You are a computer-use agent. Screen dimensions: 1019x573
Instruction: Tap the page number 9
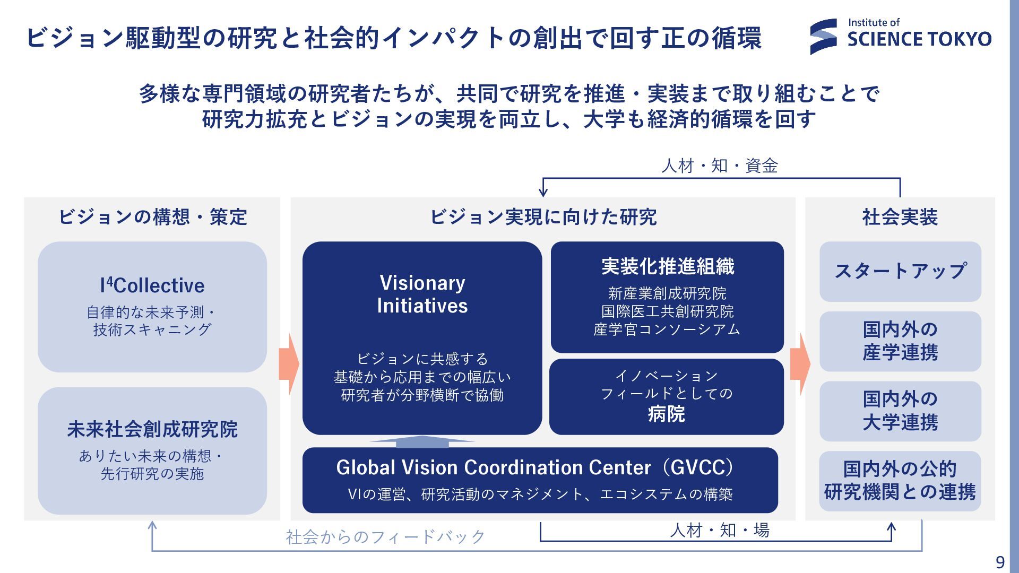tap(1000, 562)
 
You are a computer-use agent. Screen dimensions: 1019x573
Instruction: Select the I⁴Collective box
tap(152, 307)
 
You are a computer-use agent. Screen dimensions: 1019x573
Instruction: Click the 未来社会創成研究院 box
tap(152, 450)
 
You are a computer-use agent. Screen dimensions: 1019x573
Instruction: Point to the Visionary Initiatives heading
tap(422, 294)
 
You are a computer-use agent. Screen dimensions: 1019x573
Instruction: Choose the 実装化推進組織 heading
tap(667, 266)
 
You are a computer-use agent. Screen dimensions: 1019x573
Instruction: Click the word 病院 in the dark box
tap(666, 414)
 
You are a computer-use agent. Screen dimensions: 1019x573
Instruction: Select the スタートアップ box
tap(900, 271)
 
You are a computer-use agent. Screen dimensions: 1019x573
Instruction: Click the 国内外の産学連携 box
tap(900, 341)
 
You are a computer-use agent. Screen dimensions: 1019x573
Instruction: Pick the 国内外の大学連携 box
tap(900, 411)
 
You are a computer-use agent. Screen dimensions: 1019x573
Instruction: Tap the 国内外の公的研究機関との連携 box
tap(900, 481)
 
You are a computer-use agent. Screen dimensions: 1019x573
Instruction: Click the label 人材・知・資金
tap(719, 166)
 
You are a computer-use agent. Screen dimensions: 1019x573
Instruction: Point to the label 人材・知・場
tap(719, 530)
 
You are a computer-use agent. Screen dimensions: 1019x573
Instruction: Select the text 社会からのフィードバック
tap(386, 537)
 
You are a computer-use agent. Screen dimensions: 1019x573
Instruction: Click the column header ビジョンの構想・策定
tap(152, 217)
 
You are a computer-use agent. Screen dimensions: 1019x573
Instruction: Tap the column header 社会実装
tap(900, 217)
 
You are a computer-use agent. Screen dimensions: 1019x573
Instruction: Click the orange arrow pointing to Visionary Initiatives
tap(289, 364)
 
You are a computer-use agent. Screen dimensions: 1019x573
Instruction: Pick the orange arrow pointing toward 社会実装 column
tap(800, 364)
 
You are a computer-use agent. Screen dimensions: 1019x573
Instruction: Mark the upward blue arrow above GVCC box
tap(422, 440)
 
